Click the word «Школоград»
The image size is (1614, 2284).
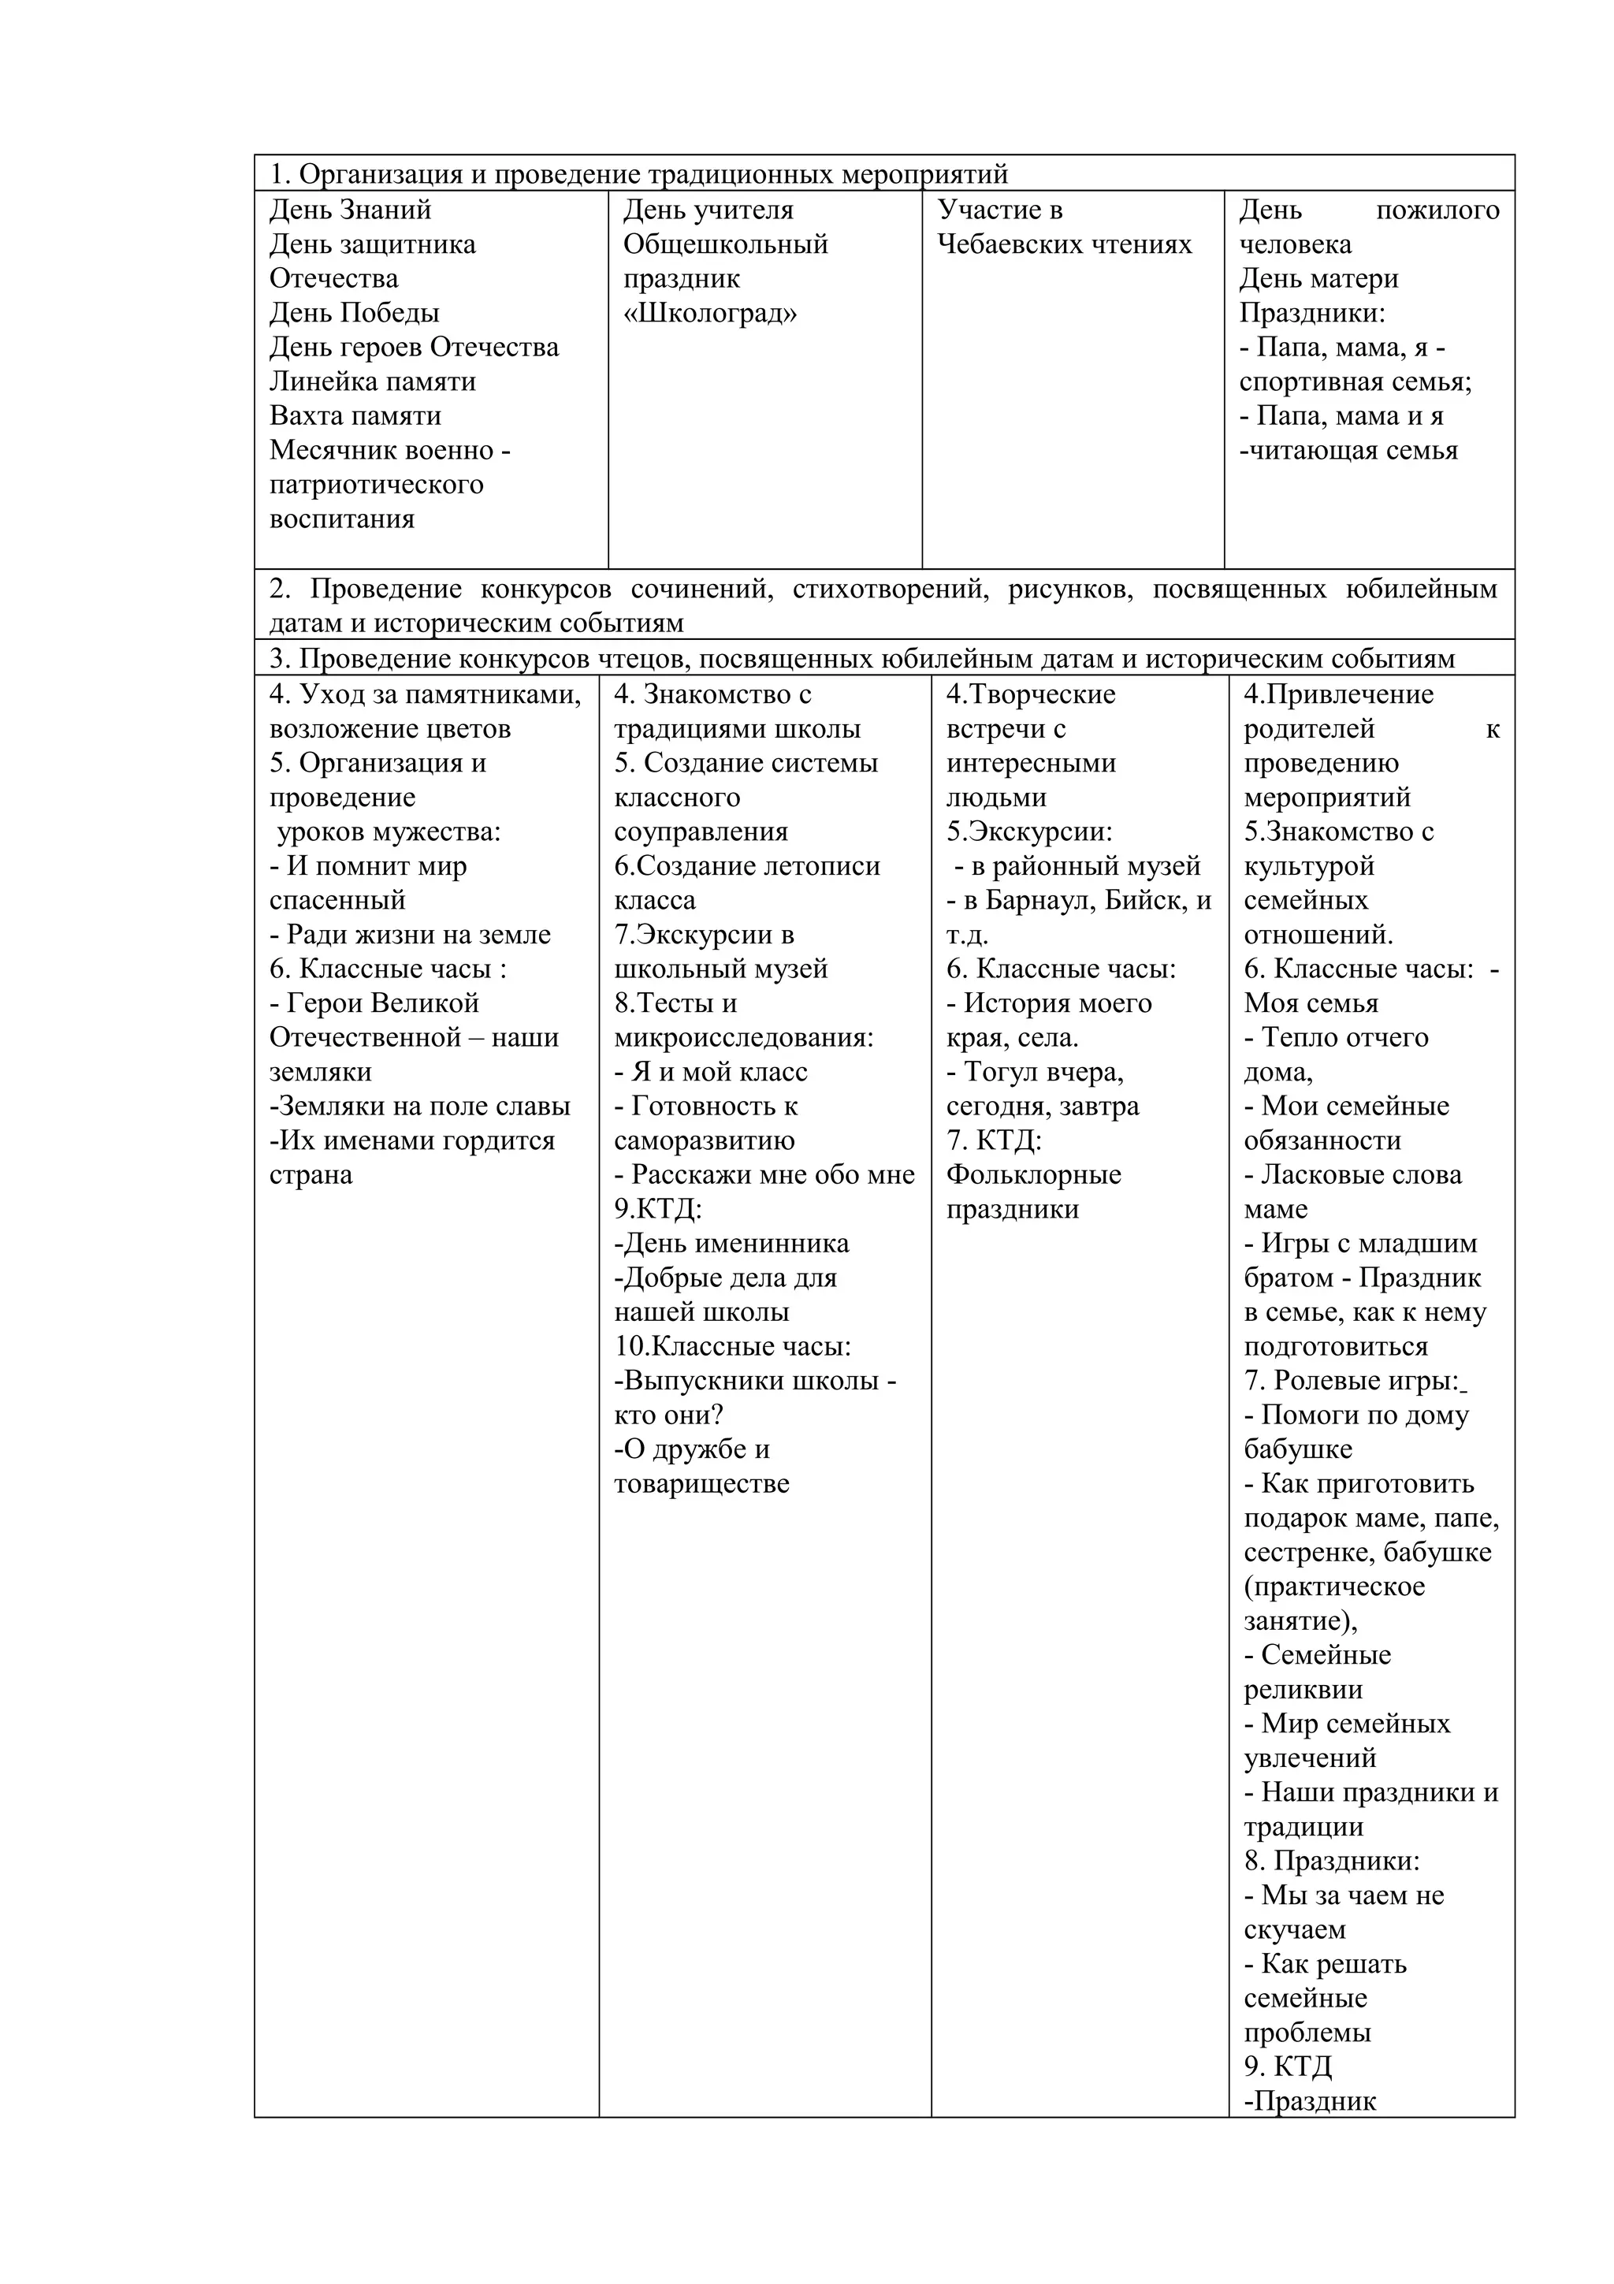click(710, 314)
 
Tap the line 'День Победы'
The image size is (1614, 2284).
click(354, 314)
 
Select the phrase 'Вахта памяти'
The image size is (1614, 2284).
click(355, 416)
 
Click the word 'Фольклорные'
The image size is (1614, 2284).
click(1033, 1175)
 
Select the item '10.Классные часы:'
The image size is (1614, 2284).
click(732, 1347)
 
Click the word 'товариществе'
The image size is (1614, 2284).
click(701, 1484)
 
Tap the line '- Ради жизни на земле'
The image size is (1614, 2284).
click(410, 935)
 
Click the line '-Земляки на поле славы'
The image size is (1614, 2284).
click(420, 1107)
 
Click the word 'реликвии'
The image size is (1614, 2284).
click(1303, 1690)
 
